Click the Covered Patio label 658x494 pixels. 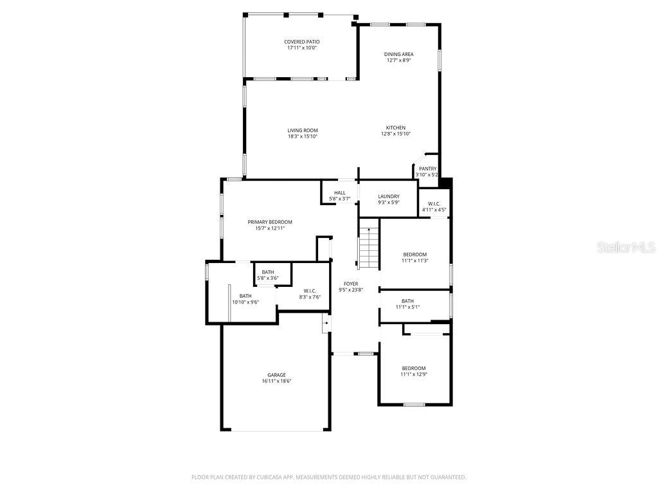(x=301, y=42)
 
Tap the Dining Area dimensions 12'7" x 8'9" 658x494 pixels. (x=398, y=61)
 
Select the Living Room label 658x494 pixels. (x=302, y=131)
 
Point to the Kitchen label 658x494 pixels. (x=395, y=127)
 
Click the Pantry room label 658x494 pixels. (x=427, y=169)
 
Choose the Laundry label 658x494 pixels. (x=388, y=196)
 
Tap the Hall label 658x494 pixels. (x=339, y=193)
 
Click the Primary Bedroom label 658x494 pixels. (x=270, y=222)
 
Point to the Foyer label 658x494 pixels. (x=351, y=284)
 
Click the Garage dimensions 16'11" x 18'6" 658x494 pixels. (x=276, y=381)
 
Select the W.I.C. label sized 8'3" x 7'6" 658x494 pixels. (x=309, y=291)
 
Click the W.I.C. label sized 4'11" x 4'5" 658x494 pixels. (x=434, y=204)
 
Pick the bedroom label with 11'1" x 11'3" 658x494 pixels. (x=414, y=254)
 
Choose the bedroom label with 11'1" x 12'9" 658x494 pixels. (x=413, y=368)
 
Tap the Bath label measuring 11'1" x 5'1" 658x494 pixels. (x=407, y=301)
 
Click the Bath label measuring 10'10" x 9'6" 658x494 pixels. (x=245, y=296)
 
